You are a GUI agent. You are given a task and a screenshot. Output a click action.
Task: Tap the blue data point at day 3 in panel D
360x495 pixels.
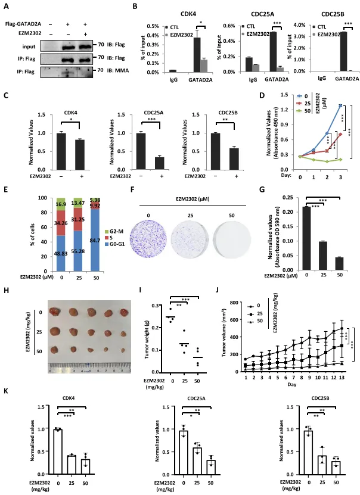[340, 105]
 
